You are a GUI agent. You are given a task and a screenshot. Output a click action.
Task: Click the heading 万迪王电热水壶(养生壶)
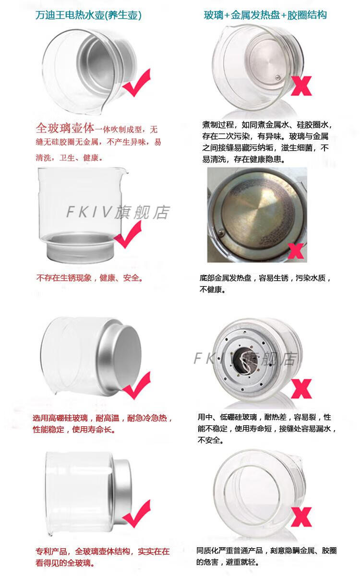coord(88,15)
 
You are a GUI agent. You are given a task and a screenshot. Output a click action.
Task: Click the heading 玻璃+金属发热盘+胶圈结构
coord(265,15)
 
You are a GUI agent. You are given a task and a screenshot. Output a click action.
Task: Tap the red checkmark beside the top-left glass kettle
coord(136,83)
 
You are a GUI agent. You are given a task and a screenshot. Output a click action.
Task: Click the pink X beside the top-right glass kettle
coord(301,86)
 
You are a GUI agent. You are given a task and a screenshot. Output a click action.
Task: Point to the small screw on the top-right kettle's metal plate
coord(277,77)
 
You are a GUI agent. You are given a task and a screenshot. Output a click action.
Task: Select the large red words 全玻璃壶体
coord(65,128)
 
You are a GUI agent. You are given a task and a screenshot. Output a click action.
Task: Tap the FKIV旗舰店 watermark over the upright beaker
coord(118,212)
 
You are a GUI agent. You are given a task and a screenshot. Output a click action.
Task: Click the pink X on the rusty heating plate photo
coord(296,251)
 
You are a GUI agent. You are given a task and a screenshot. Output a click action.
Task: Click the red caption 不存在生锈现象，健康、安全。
coord(90,278)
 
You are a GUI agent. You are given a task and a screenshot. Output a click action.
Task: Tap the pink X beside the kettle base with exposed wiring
coord(301,388)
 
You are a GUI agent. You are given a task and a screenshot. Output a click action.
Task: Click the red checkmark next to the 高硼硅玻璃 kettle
coord(136,386)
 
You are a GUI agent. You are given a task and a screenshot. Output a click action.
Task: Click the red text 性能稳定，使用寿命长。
coord(74,430)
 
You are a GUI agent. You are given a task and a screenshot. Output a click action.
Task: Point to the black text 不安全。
coord(211,440)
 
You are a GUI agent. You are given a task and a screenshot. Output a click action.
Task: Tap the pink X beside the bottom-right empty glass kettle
coord(301,517)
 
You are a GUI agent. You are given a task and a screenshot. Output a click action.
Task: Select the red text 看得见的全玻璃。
coord(65,563)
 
